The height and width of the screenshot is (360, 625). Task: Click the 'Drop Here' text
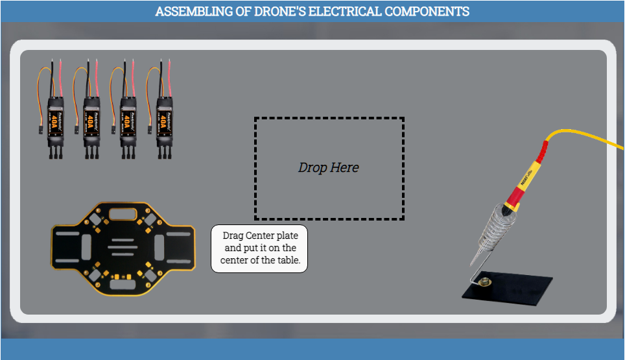[x=328, y=167]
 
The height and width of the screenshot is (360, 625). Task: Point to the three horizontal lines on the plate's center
[x=122, y=246]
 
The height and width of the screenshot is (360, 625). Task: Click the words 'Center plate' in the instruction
[x=271, y=235]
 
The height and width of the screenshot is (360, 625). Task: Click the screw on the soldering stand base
[x=484, y=282]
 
